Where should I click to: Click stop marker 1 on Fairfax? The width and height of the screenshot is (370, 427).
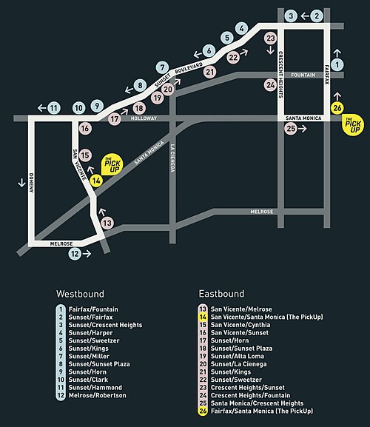(x=337, y=64)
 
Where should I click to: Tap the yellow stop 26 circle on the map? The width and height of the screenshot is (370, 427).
(x=337, y=108)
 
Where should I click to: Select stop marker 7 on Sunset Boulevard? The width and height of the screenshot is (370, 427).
(x=162, y=67)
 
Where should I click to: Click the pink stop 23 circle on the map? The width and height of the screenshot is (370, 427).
(x=270, y=38)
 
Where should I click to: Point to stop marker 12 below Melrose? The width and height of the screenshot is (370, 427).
(x=75, y=254)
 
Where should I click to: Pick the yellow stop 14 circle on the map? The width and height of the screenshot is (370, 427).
(x=96, y=181)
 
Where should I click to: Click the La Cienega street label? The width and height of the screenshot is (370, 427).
(x=172, y=158)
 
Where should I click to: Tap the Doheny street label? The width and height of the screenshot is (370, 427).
(x=31, y=183)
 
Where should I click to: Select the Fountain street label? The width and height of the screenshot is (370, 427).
(x=303, y=75)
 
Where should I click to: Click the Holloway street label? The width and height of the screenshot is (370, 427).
(x=144, y=118)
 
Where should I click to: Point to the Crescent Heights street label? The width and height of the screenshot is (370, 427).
(x=280, y=74)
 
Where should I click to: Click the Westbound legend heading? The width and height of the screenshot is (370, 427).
(x=80, y=294)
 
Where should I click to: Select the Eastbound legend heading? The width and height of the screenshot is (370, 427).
(x=221, y=294)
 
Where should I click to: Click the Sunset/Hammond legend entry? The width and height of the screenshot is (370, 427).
(x=95, y=388)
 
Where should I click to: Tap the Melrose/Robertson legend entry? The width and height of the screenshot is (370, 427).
(x=98, y=395)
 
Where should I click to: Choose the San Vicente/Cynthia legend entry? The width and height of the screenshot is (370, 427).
(x=240, y=325)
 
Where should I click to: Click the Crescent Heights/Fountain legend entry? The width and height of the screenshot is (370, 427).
(x=250, y=395)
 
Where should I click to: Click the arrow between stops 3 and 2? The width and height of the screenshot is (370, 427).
(x=305, y=16)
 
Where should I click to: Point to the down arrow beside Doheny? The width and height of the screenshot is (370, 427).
(x=21, y=183)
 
